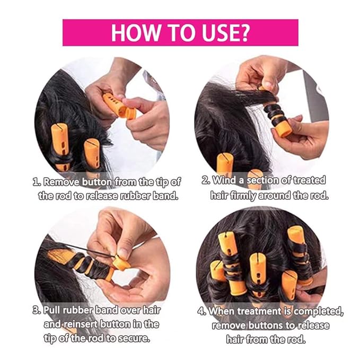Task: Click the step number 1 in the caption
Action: [37, 182]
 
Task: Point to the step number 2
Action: [206, 181]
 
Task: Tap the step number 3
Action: [35, 310]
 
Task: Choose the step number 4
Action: [201, 311]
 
